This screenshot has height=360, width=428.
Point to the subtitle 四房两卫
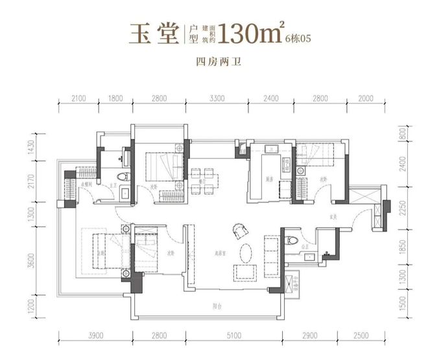213,63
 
